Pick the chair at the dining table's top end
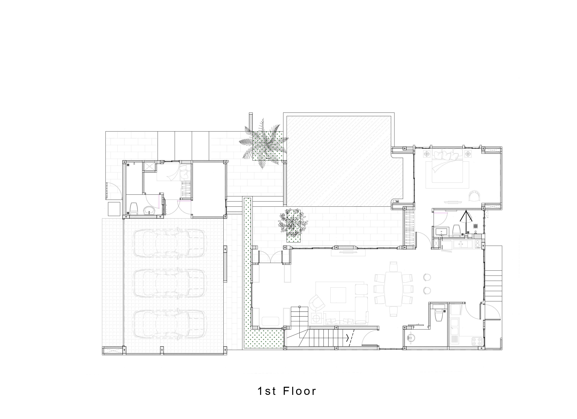393,267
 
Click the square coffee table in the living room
338,295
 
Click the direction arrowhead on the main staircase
347,338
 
